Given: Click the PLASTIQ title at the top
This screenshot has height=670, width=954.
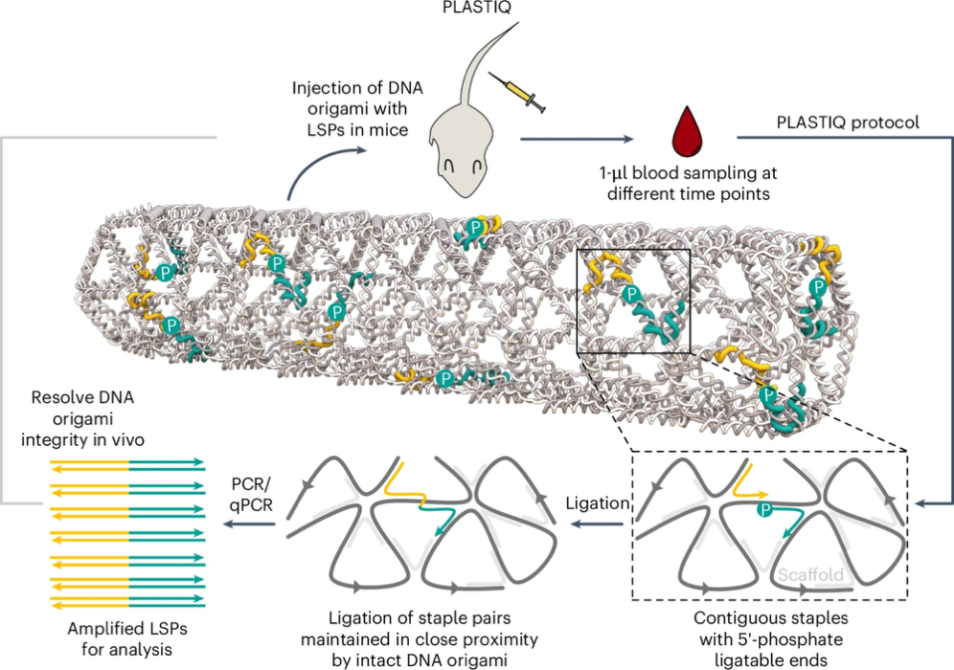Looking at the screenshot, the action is pos(476,8).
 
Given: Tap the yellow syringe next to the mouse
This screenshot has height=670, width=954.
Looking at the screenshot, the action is pos(516,93).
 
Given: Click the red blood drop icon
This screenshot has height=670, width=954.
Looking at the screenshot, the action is pos(687,131).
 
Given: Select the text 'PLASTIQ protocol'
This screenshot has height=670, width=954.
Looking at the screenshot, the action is pos(848,123).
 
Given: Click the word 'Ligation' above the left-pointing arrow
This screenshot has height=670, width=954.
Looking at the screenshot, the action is pos(598,503).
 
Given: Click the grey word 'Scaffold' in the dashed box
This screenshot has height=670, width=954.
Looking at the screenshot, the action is pos(810,575).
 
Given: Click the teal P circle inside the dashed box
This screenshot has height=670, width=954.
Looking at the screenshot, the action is pos(765,509).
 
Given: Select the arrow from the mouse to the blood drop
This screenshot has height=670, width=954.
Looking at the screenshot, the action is pos(577,139).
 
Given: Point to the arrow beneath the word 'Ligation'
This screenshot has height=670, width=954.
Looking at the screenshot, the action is pos(598,524).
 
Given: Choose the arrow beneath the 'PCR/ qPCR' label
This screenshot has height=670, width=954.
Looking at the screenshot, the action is pos(250,524).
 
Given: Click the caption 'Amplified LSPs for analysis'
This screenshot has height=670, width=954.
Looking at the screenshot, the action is pos(127,639).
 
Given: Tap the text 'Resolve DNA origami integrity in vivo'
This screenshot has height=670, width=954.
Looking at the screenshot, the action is pos(82,418).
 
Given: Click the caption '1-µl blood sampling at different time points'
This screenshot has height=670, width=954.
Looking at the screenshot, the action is pos(688,183).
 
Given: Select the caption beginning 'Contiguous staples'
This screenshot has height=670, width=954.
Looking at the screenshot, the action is pos(771,639).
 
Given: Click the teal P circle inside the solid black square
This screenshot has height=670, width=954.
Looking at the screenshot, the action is pos(631,294).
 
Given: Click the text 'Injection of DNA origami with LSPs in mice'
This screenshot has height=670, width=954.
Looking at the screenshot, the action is pos(357,109).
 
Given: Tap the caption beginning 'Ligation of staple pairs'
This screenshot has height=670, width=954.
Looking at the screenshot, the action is pos(420,639).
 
